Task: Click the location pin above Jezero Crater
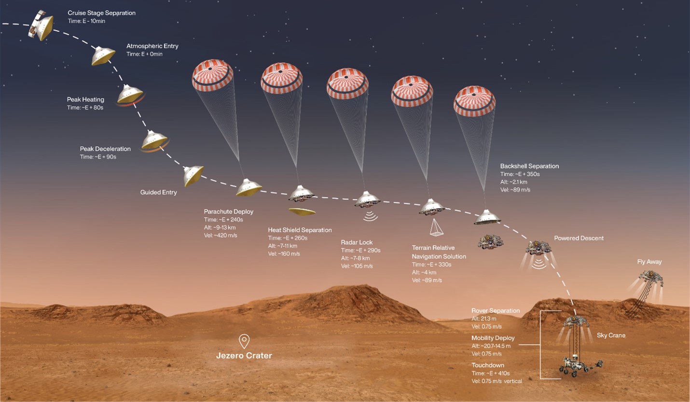pyautogui.click(x=244, y=341)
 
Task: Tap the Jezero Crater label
pyautogui.click(x=244, y=356)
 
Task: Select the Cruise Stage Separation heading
pyautogui.click(x=101, y=13)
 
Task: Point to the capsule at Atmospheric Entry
pyautogui.click(x=103, y=56)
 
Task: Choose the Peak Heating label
pyautogui.click(x=85, y=100)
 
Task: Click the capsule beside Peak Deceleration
pyautogui.click(x=154, y=140)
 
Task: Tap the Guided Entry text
pyautogui.click(x=158, y=193)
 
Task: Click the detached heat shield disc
pyautogui.click(x=302, y=211)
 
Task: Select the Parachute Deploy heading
pyautogui.click(x=228, y=211)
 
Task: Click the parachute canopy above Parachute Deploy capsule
pyautogui.click(x=213, y=75)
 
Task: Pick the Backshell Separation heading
pyautogui.click(x=529, y=166)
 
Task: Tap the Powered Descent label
pyautogui.click(x=579, y=238)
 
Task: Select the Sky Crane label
pyautogui.click(x=611, y=335)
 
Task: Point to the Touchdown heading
pyautogui.click(x=487, y=365)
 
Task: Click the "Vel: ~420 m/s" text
pyautogui.click(x=221, y=235)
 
